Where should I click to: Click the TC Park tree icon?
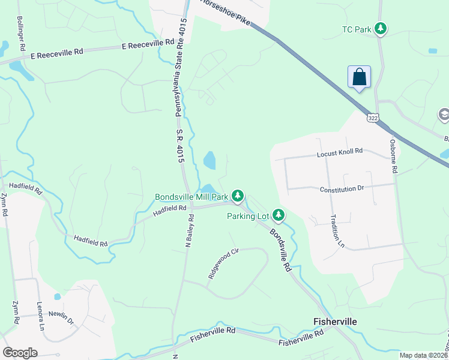tap(380, 28)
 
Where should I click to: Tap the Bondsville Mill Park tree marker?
tap(238, 196)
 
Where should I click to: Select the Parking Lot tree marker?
tap(279, 214)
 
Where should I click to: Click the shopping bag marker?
tap(359, 77)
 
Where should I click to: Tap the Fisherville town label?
tap(335, 322)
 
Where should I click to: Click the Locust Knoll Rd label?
tap(340, 152)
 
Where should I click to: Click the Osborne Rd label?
tap(393, 157)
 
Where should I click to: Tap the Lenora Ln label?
tap(40, 316)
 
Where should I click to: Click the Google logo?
tap(20, 352)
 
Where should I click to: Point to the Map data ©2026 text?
tap(423, 355)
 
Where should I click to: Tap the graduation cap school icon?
tap(444, 114)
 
